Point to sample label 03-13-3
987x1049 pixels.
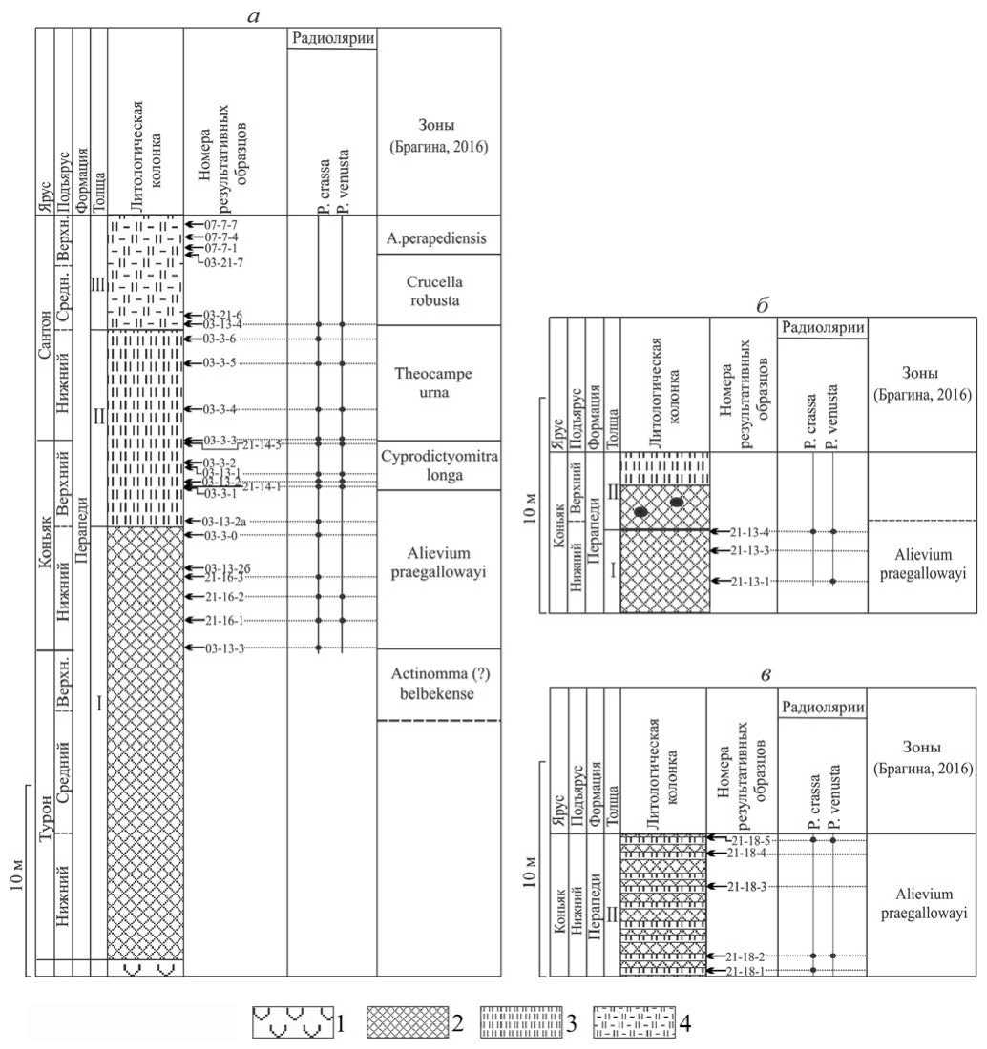(x=225, y=649)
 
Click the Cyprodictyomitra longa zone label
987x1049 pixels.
(x=439, y=464)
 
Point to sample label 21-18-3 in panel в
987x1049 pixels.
(x=747, y=887)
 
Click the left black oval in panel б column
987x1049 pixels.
(x=642, y=512)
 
